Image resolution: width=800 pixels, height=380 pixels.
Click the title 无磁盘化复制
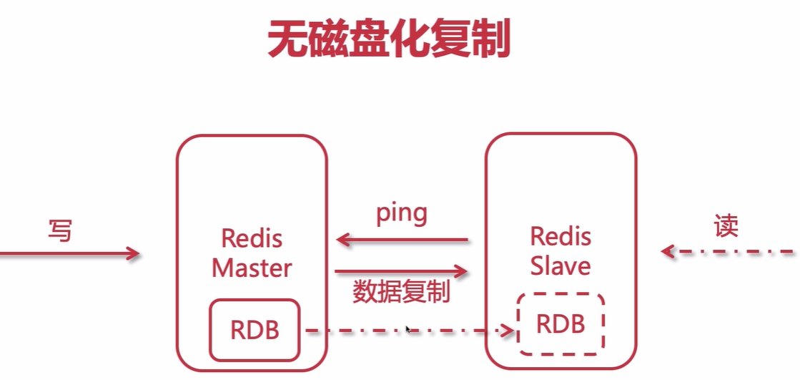389,39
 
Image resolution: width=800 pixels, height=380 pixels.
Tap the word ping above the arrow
402,213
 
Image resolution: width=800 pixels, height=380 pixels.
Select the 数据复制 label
402,291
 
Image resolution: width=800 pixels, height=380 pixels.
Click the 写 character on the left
61,230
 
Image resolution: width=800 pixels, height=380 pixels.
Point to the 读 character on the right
726,226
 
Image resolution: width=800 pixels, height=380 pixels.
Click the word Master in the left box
252,268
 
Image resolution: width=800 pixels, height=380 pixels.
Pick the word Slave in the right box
561,265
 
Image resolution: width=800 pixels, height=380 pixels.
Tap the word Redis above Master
252,238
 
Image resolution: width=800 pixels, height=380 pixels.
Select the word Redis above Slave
561,235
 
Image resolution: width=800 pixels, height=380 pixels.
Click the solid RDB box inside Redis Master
254,330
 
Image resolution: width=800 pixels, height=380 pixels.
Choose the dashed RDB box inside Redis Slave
561,323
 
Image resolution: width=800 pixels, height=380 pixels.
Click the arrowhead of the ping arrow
342,240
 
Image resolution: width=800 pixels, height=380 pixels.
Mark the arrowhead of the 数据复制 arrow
462,271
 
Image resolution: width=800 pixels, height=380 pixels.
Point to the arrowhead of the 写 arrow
133,253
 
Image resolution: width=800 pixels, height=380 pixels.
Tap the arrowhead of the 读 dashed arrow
667,251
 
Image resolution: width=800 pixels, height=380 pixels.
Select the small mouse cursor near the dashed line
408,330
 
